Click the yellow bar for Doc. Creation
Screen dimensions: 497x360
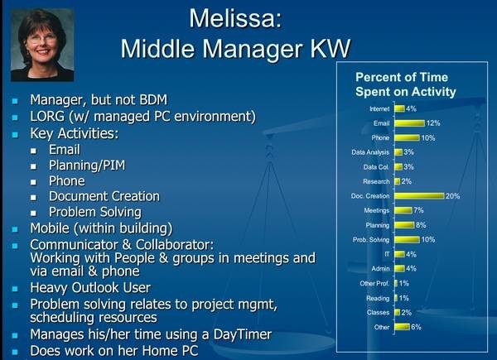[419, 196]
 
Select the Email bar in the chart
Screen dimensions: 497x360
[409, 123]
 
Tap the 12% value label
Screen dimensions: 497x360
[433, 123]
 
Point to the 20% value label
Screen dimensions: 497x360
[452, 196]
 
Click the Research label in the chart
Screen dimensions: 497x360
[376, 181]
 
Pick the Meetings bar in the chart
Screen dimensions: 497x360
[403, 210]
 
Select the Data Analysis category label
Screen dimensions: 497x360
[370, 152]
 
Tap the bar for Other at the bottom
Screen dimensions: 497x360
[403, 327]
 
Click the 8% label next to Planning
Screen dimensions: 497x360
[421, 225]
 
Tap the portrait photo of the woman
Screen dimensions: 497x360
[42, 45]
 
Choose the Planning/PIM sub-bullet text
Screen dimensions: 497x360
[87, 166]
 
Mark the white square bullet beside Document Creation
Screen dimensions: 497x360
[33, 197]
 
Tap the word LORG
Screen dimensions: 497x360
[47, 117]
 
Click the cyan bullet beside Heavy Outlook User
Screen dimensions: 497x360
[15, 289]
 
